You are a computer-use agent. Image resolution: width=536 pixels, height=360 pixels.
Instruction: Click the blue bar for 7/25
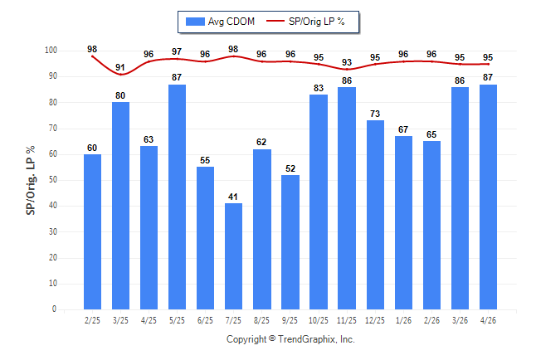pyautogui.click(x=233, y=256)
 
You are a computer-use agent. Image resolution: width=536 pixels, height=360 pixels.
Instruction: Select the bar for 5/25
pyautogui.click(x=177, y=197)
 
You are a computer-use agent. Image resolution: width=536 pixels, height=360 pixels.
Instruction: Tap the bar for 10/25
pyautogui.click(x=319, y=202)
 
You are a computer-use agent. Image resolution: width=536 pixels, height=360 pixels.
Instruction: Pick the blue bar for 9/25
pyautogui.click(x=290, y=242)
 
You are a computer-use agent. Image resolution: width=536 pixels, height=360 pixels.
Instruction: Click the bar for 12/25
pyautogui.click(x=375, y=215)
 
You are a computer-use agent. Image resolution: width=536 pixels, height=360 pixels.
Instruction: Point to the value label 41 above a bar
pyautogui.click(x=233, y=197)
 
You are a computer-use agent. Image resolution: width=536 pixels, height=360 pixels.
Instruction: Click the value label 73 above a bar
pyautogui.click(x=375, y=114)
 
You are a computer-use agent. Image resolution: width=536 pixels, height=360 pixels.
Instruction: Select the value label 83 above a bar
pyautogui.click(x=319, y=88)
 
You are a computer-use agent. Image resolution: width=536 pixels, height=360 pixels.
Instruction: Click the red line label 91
pyautogui.click(x=120, y=67)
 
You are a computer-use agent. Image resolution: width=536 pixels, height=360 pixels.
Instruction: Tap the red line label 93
pyautogui.click(x=347, y=62)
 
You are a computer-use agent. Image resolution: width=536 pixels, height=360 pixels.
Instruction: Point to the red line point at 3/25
pyautogui.click(x=120, y=74)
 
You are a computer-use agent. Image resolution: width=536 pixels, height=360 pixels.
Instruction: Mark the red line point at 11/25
pyautogui.click(x=347, y=70)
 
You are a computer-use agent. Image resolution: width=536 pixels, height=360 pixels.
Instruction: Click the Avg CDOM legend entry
pyautogui.click(x=220, y=22)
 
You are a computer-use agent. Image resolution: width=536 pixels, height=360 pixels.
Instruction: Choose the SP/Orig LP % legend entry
pyautogui.click(x=305, y=22)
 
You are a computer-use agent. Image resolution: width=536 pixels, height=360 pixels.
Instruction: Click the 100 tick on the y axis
pyautogui.click(x=51, y=51)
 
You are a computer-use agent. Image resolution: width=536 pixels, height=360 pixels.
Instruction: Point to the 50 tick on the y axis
pyautogui.click(x=52, y=180)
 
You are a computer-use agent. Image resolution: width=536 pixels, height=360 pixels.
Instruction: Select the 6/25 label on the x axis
pyautogui.click(x=205, y=320)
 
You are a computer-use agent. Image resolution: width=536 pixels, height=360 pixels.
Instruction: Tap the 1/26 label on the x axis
pyautogui.click(x=403, y=320)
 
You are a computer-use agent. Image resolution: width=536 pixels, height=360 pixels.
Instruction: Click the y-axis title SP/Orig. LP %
pyautogui.click(x=31, y=180)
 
